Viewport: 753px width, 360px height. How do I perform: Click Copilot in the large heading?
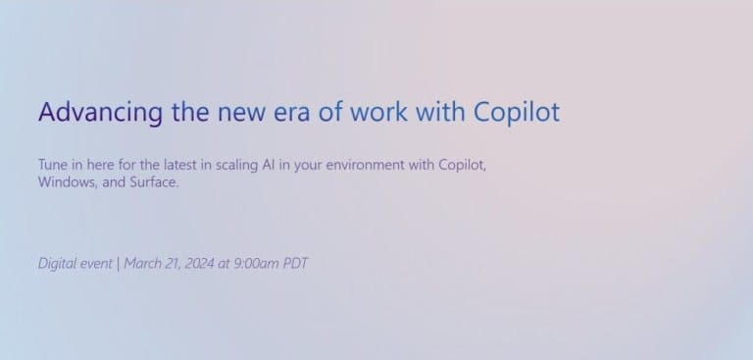tap(516, 112)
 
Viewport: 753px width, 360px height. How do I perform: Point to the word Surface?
tap(154, 182)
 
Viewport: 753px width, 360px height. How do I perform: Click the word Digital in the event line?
tap(57, 263)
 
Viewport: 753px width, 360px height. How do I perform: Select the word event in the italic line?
tap(96, 263)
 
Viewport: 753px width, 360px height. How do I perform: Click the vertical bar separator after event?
tap(118, 263)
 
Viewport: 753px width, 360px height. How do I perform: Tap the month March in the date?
tap(143, 263)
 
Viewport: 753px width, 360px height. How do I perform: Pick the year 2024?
tap(201, 263)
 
